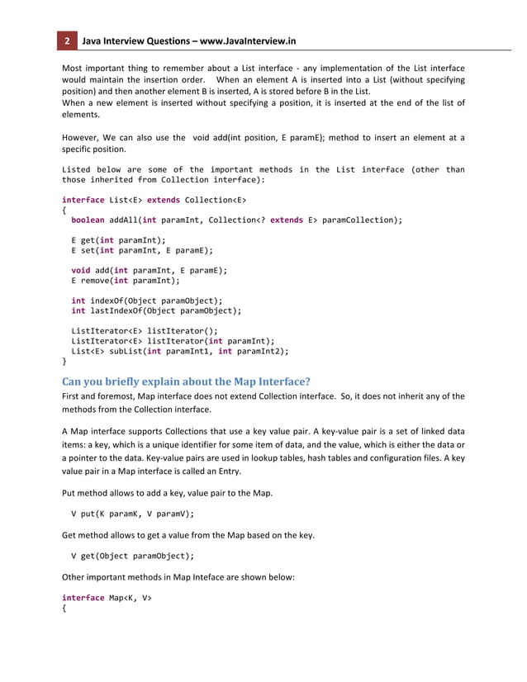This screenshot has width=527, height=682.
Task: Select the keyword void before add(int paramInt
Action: click(81, 269)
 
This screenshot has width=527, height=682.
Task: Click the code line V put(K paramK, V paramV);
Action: click(133, 513)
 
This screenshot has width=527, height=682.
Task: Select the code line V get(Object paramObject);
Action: click(133, 555)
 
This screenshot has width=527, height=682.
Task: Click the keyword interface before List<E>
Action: click(83, 200)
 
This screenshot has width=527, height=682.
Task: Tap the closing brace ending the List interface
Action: click(65, 361)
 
